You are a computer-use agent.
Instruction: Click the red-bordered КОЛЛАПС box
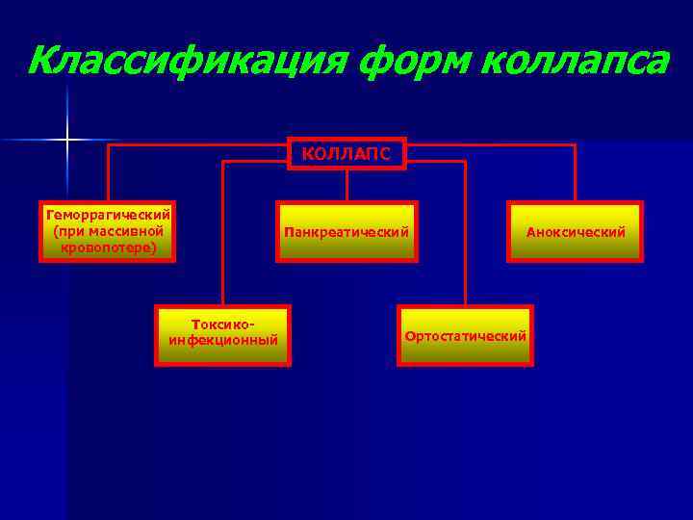[346, 153]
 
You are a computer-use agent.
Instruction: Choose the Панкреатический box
[346, 231]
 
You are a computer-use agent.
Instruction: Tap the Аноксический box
[575, 231]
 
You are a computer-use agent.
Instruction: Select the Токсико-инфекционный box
[222, 335]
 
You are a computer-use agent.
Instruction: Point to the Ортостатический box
[465, 335]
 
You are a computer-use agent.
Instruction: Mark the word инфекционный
[222, 341]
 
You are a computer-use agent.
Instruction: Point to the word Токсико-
[223, 325]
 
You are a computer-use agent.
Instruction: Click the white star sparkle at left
[67, 141]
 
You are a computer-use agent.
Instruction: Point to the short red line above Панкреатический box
[346, 185]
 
